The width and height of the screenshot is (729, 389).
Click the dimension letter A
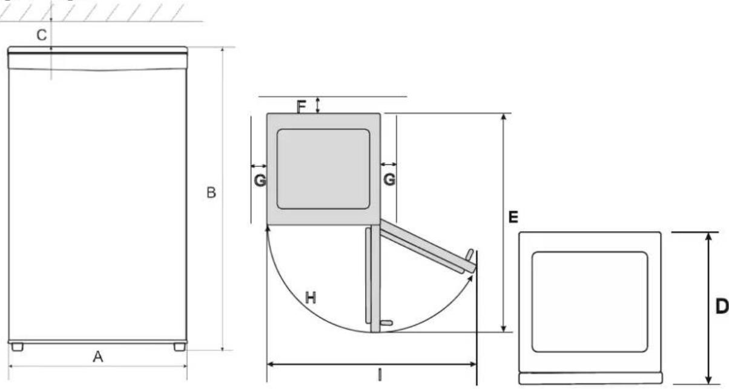pyautogui.click(x=97, y=357)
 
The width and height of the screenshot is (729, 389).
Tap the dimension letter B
pyautogui.click(x=211, y=192)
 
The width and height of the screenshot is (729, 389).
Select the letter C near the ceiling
pyautogui.click(x=42, y=35)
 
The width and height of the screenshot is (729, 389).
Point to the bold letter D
pyautogui.click(x=722, y=306)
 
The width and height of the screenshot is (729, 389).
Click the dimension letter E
pyautogui.click(x=513, y=217)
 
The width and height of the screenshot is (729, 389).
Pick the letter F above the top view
pyautogui.click(x=302, y=106)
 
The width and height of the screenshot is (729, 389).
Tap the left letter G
pyautogui.click(x=260, y=180)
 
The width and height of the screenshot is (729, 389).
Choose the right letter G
pyautogui.click(x=389, y=179)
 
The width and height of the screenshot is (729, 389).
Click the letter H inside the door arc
pyautogui.click(x=311, y=298)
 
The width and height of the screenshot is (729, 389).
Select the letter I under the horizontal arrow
pyautogui.click(x=380, y=374)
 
